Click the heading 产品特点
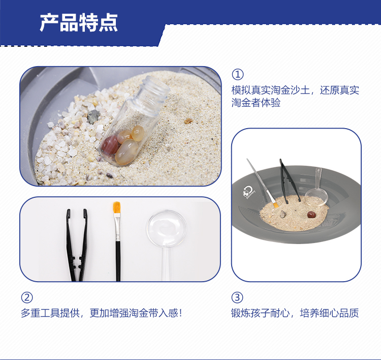(x=79, y=23)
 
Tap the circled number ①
(x=237, y=74)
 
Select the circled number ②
(x=27, y=297)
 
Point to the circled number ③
(x=237, y=297)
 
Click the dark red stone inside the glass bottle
(x=110, y=145)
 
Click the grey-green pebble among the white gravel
(x=93, y=116)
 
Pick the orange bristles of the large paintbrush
(x=117, y=207)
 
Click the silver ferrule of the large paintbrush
(x=117, y=227)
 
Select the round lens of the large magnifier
(x=167, y=228)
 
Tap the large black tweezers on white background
(x=77, y=245)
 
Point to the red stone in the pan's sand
(x=311, y=215)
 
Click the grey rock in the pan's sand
(x=283, y=214)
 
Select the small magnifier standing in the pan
(x=316, y=190)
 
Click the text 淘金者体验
(x=256, y=103)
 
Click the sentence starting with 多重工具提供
(x=101, y=313)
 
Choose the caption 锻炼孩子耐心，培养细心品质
(x=295, y=313)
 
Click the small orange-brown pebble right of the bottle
(x=188, y=121)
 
